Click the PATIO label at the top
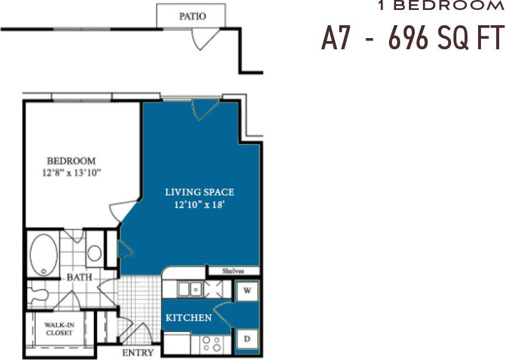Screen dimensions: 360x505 (x=192, y=16)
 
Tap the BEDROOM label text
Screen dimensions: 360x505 (x=71, y=161)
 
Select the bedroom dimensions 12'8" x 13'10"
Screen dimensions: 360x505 (x=71, y=172)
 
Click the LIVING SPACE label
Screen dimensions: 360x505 (x=199, y=192)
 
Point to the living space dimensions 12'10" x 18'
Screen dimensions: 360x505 (x=199, y=205)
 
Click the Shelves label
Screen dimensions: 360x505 (x=233, y=271)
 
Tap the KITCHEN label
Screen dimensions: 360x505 (x=188, y=318)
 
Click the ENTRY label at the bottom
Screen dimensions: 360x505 (x=138, y=352)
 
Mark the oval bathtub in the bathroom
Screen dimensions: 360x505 (x=43, y=255)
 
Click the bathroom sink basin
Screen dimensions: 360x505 (x=94, y=253)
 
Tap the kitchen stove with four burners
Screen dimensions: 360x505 (x=209, y=342)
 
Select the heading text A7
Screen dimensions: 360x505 (x=336, y=39)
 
